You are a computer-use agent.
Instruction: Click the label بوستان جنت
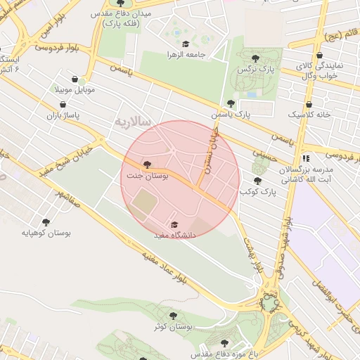(x=147, y=176)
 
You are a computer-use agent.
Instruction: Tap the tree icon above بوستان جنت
(x=146, y=165)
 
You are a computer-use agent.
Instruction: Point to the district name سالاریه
(x=133, y=121)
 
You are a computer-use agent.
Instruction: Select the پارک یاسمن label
(x=231, y=114)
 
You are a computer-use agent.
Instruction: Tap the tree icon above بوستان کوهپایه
(x=46, y=221)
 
